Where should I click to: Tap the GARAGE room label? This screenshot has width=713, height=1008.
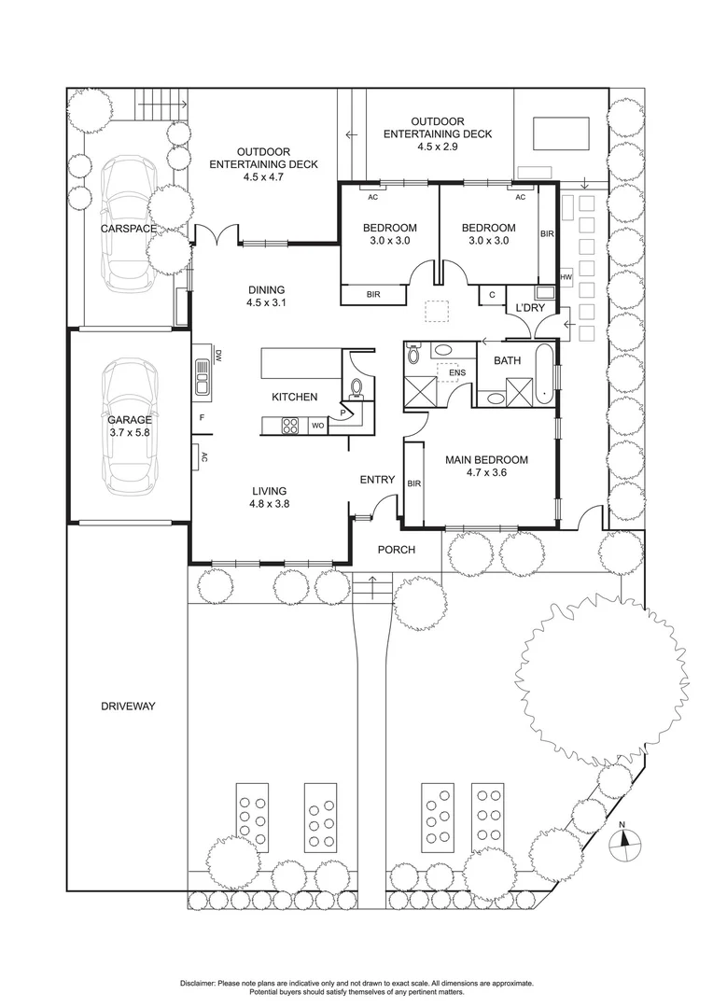pyautogui.click(x=129, y=420)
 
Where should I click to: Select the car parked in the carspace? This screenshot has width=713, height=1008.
pyautogui.click(x=128, y=222)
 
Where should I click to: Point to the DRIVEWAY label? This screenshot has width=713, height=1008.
pyautogui.click(x=128, y=707)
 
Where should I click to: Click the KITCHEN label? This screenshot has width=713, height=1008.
pyautogui.click(x=294, y=398)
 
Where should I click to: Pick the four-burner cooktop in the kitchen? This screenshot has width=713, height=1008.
pyautogui.click(x=290, y=427)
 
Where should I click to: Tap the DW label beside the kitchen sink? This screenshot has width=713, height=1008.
pyautogui.click(x=217, y=355)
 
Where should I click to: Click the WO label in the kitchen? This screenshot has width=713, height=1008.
pyautogui.click(x=317, y=427)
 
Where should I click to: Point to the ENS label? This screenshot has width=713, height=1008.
pyautogui.click(x=456, y=373)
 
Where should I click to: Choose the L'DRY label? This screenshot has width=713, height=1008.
pyautogui.click(x=519, y=308)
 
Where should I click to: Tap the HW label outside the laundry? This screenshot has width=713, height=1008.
pyautogui.click(x=566, y=277)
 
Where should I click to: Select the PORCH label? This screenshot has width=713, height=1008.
pyautogui.click(x=396, y=550)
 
